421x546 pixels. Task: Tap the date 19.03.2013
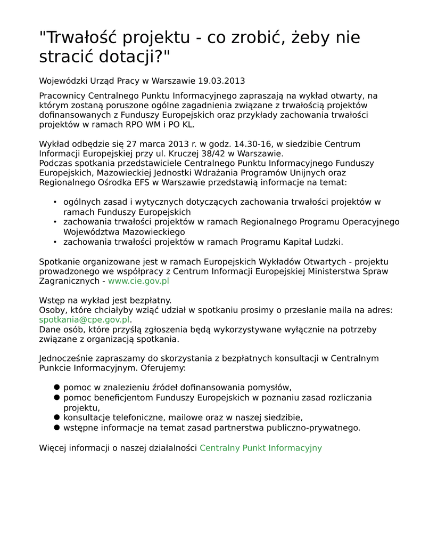pos(221,81)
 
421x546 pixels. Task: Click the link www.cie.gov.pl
pos(138,281)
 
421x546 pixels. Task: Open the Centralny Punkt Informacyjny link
pos(260,448)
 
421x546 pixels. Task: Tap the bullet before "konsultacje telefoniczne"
pos(56,417)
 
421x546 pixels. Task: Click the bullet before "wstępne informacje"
pos(56,428)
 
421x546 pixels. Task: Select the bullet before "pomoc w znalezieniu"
pos(56,388)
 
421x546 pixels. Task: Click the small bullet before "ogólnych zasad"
pos(55,202)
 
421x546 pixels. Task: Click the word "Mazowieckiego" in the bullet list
pos(153,232)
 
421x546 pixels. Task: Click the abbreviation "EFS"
pos(140,182)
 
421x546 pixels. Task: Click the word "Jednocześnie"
pos(67,358)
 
